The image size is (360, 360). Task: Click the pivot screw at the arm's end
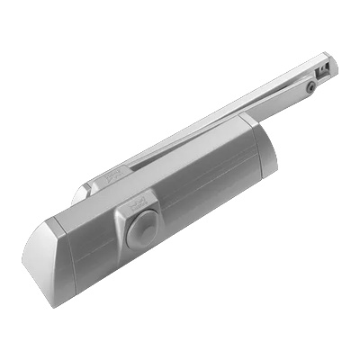310,85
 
